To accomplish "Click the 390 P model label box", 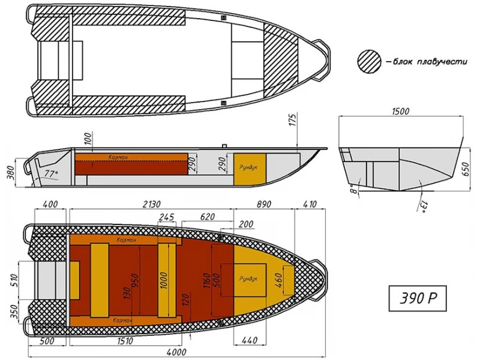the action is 418,298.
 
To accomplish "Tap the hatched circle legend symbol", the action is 369,62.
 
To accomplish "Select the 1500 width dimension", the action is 400,111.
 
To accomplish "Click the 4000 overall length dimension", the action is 176,352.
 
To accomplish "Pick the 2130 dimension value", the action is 152,204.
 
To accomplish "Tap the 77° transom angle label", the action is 51,173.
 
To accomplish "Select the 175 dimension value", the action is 293,119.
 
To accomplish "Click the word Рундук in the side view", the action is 248,167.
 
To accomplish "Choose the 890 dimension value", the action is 263,204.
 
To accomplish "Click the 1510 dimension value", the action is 125,341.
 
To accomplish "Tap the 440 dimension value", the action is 250,340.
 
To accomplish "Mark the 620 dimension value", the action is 207,217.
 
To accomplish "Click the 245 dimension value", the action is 167,217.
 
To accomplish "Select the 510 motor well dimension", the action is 14,281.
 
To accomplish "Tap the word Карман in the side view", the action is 118,157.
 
